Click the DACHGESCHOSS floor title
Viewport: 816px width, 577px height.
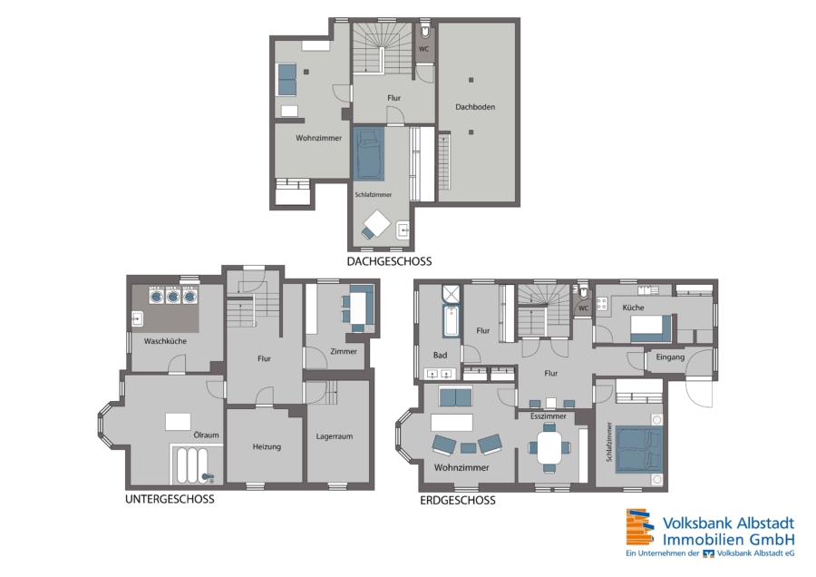[389, 261]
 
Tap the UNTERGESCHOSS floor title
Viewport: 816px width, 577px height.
[170, 499]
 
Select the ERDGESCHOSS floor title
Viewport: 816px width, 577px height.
[458, 501]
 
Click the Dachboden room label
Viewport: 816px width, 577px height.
[475, 107]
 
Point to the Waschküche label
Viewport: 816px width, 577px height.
[165, 341]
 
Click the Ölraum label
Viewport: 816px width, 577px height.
[206, 435]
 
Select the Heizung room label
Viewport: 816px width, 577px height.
[267, 446]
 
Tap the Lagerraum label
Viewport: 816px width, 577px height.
[334, 436]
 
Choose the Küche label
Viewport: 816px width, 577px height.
[634, 308]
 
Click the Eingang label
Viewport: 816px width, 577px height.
[670, 357]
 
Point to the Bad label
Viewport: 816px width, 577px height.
[440, 355]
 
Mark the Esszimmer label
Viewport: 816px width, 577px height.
[549, 416]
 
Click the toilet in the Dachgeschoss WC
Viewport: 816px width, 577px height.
[425, 31]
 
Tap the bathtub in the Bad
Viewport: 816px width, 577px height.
[451, 321]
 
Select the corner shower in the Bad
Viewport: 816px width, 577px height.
[452, 294]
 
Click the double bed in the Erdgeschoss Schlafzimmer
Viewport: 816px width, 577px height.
[639, 449]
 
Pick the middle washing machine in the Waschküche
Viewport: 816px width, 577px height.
[173, 295]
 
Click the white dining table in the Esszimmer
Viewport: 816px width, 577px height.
[549, 446]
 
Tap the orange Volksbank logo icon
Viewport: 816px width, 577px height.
[639, 526]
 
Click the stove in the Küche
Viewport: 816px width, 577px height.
[603, 303]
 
